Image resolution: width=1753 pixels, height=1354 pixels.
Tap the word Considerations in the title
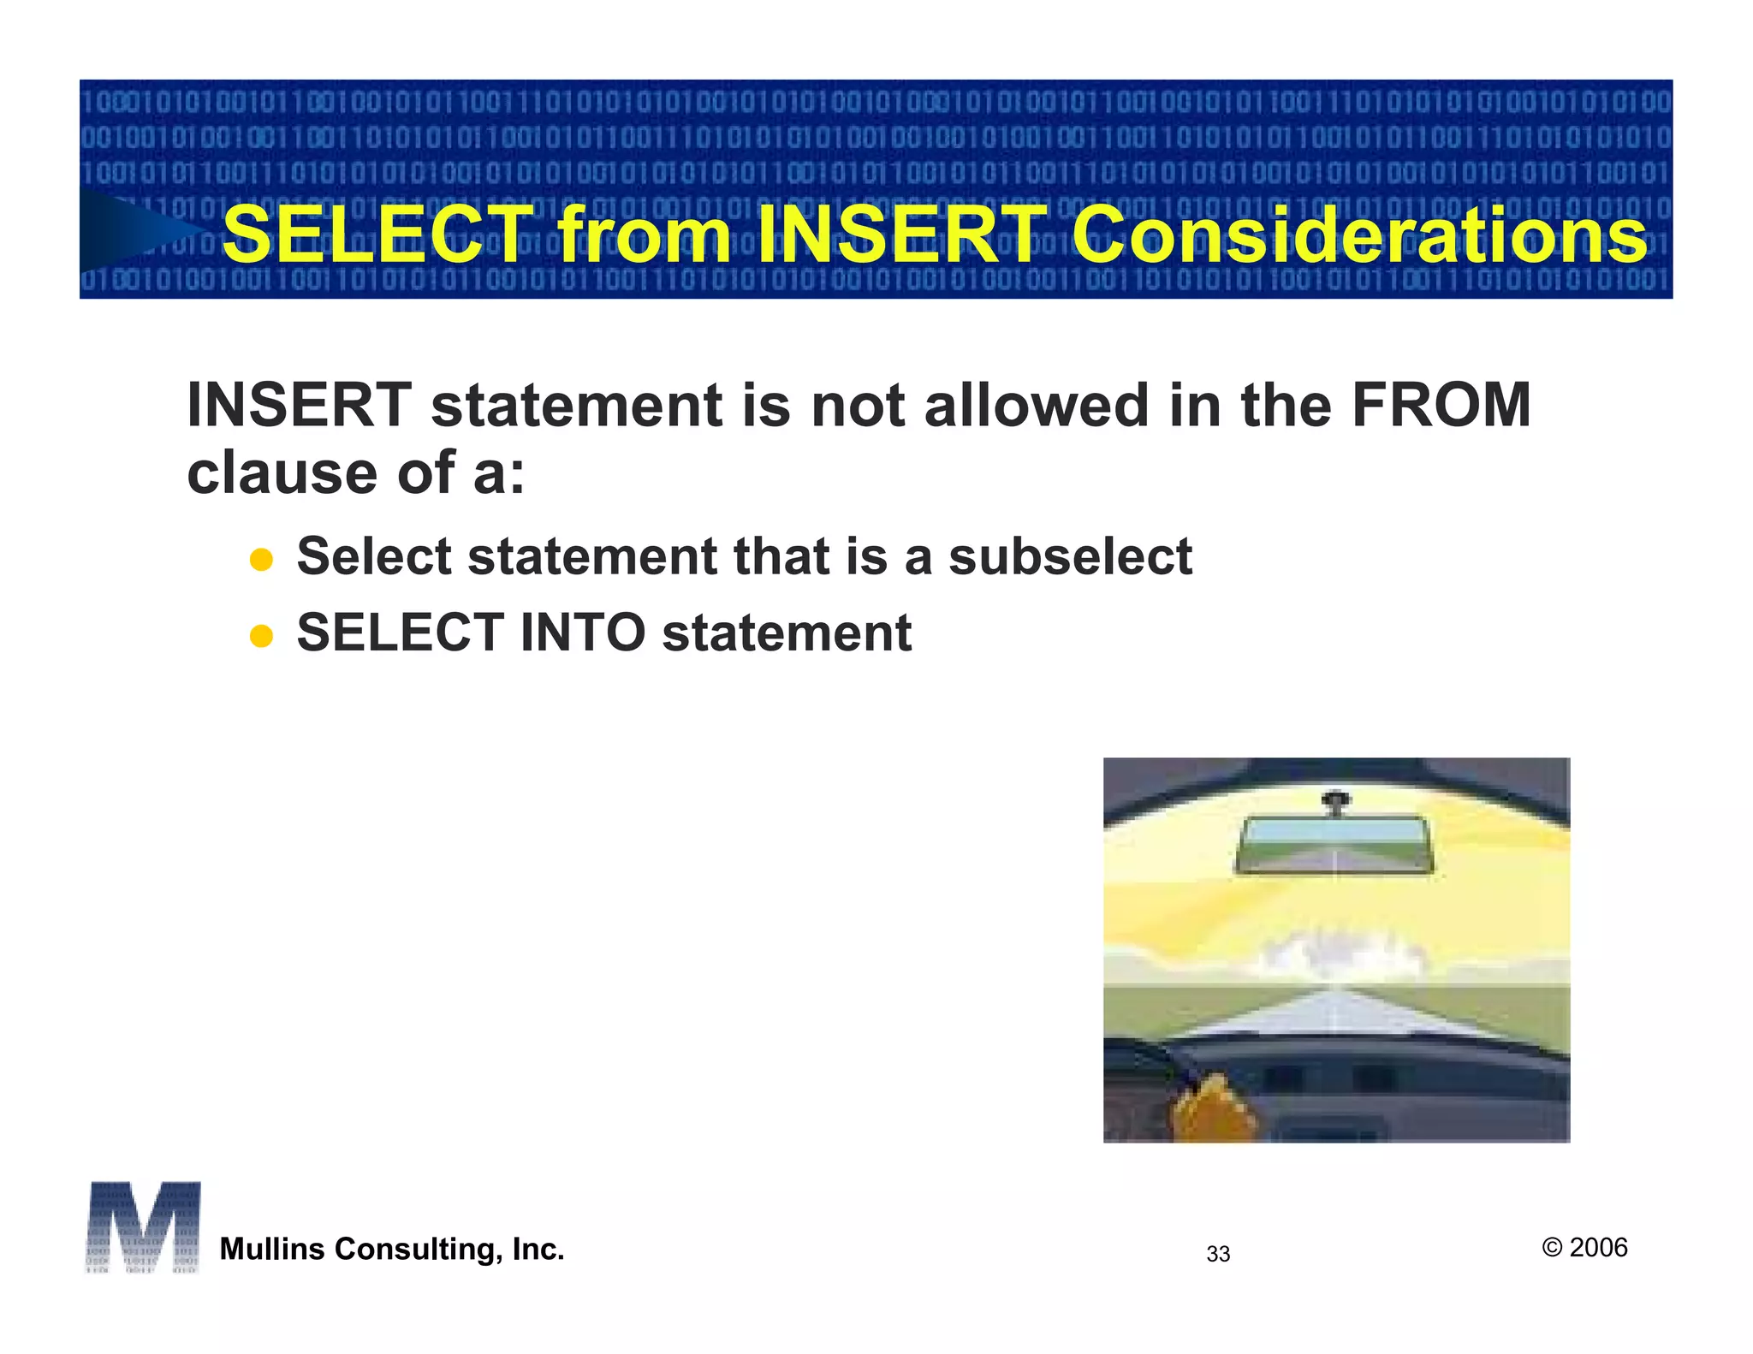[x=1359, y=235]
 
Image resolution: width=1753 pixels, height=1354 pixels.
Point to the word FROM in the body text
[x=1441, y=405]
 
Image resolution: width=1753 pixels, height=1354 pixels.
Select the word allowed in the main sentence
[x=1036, y=405]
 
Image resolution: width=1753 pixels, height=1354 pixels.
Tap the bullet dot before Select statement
[x=261, y=561]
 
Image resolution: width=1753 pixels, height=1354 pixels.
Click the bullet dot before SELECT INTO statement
[x=261, y=637]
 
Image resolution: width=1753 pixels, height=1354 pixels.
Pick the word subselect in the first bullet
[x=1070, y=556]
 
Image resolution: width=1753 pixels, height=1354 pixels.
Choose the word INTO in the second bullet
[x=582, y=633]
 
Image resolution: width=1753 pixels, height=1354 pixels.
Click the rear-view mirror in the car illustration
[x=1334, y=845]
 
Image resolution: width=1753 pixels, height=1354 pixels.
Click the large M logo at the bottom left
[x=143, y=1226]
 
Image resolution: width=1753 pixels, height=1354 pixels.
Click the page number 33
[x=1218, y=1254]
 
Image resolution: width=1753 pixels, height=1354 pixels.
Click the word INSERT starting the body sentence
[x=299, y=405]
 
